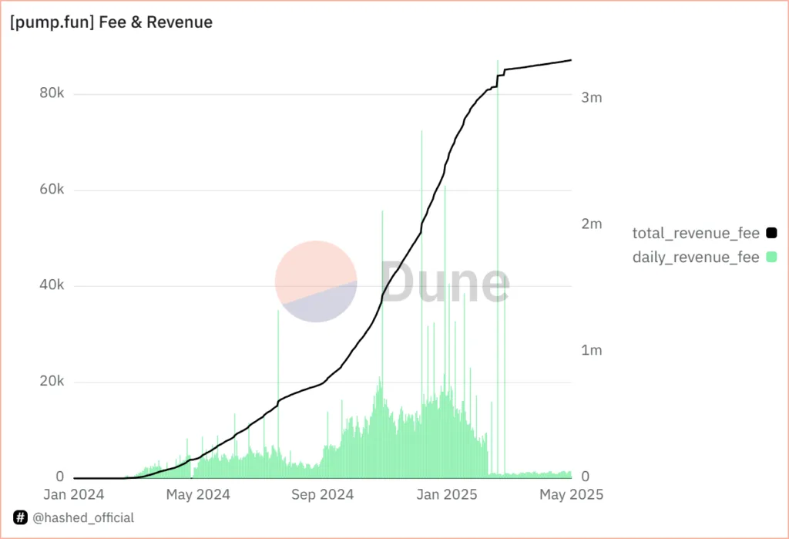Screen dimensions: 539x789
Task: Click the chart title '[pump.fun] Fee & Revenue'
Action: [112, 22]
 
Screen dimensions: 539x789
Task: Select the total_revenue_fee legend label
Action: [696, 233]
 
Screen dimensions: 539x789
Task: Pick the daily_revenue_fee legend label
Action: [696, 257]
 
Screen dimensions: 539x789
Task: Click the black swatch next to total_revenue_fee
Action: [771, 233]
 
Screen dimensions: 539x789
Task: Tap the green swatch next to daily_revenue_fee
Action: [771, 257]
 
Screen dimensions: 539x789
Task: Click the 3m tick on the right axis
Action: [591, 98]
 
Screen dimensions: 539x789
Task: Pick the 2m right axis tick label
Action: [591, 224]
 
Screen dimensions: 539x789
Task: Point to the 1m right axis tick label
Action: [591, 351]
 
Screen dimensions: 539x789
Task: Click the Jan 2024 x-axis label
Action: [74, 495]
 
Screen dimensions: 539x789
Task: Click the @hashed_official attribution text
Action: [82, 518]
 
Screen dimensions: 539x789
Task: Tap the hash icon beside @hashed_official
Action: [21, 518]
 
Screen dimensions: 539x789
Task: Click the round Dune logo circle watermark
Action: [316, 281]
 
